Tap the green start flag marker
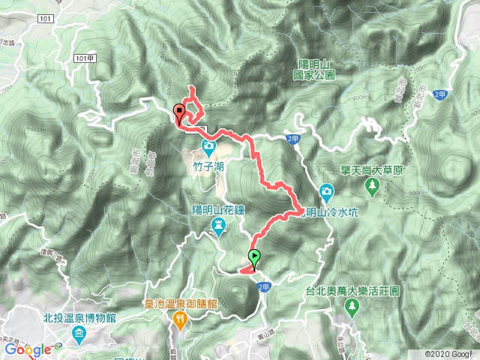pos(255,258)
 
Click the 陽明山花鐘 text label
pos(217,209)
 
